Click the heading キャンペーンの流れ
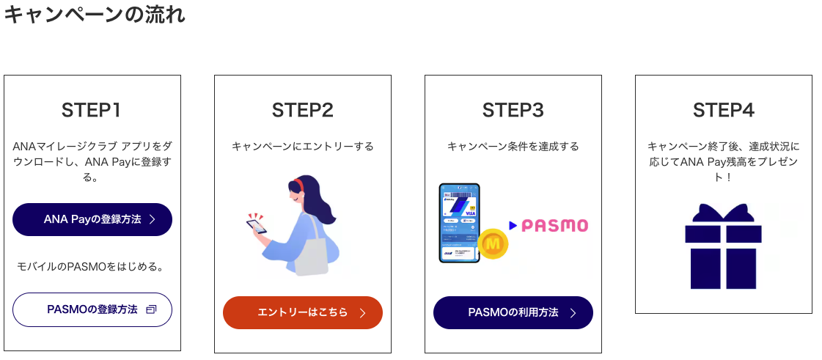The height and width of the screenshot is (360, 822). [x=94, y=15]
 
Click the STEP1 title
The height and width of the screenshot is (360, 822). [x=92, y=110]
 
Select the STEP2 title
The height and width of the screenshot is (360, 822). [x=302, y=110]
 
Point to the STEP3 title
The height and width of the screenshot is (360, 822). [x=513, y=110]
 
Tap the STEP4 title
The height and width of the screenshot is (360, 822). [x=723, y=110]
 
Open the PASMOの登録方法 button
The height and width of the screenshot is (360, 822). [x=92, y=309]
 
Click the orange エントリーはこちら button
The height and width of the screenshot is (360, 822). [x=302, y=312]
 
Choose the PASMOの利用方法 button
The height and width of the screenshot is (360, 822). [x=513, y=312]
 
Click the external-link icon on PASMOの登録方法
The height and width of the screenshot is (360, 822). [x=151, y=309]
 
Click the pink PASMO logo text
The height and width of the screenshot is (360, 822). [x=554, y=225]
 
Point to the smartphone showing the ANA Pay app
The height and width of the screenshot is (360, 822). [x=459, y=222]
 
